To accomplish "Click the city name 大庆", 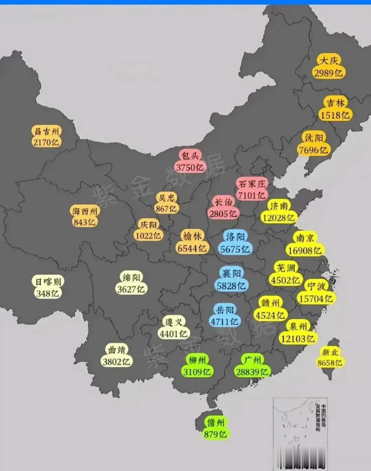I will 329,61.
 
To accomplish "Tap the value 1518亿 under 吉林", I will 335,115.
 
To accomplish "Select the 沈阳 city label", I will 314,138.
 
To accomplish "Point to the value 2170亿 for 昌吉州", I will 46,142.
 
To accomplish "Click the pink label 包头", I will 190,156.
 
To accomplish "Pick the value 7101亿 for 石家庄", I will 252,195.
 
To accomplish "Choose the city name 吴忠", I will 167,198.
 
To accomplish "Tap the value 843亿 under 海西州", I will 84,222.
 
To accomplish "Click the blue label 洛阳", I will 235,237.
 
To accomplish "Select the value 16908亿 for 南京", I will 305,251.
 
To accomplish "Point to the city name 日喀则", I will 48,282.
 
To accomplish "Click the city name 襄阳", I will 231,273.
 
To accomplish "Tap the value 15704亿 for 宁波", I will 315,298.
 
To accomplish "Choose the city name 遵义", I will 173,322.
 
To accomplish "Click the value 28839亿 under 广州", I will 252,372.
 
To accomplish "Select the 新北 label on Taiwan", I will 329,352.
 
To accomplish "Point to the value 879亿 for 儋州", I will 215,434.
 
